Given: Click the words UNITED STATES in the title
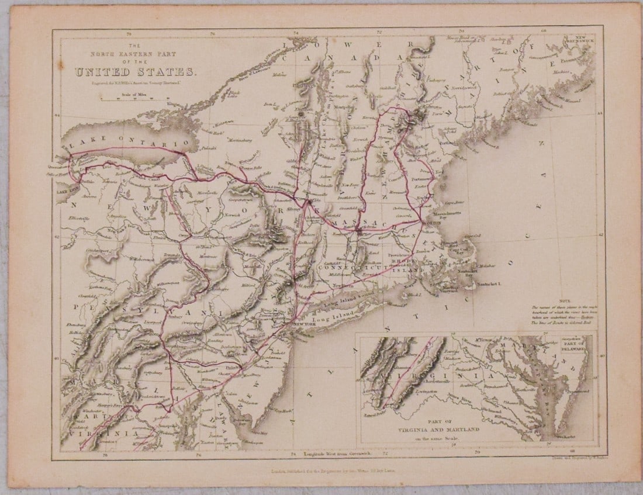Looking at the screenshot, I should (135, 72).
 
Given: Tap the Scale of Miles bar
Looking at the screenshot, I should (135, 98).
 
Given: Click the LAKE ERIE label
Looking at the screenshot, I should (67, 191).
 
